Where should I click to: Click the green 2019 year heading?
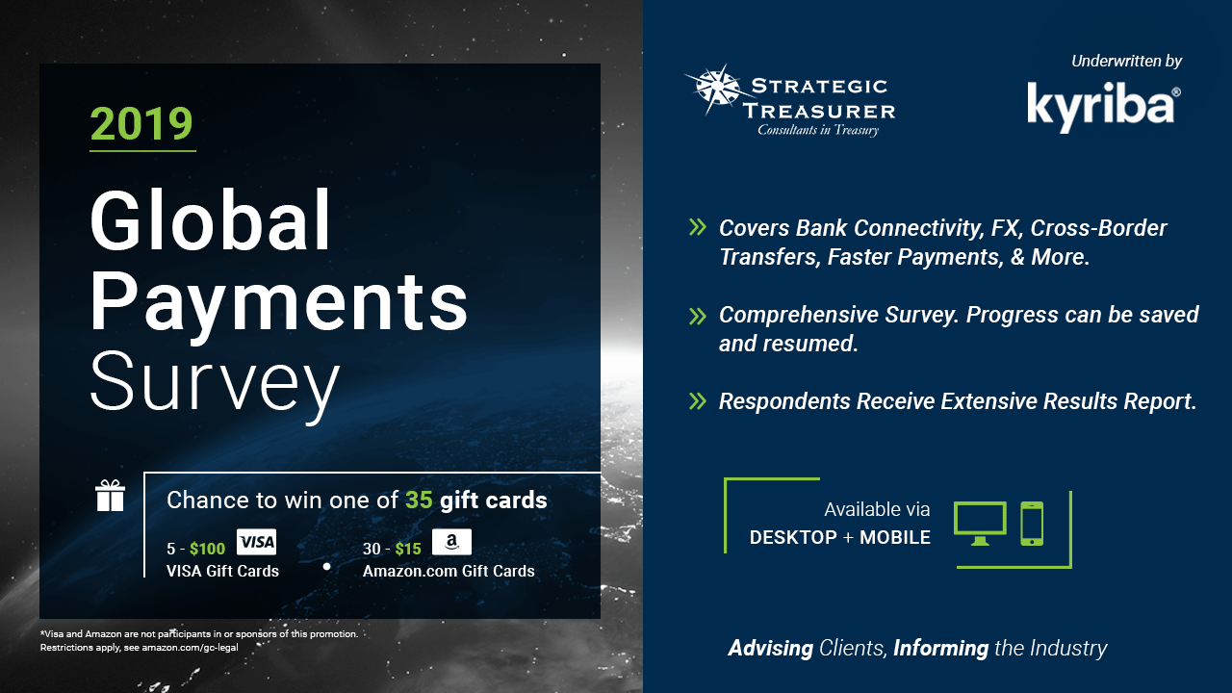tap(141, 123)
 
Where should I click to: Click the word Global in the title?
tap(210, 220)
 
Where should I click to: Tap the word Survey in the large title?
tap(215, 386)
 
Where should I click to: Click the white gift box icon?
tap(110, 496)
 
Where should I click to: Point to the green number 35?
tap(419, 500)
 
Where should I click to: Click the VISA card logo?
tap(256, 542)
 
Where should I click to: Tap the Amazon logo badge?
tap(451, 542)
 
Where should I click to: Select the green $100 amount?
tap(207, 549)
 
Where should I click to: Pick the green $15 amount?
tap(408, 549)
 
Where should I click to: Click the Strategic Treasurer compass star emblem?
tap(716, 90)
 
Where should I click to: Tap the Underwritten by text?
tap(1126, 61)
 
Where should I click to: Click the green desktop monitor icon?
tap(980, 523)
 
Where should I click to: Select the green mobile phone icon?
tap(1032, 523)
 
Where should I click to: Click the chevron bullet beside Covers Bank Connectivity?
tap(698, 227)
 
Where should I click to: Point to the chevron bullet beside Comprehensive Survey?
tap(698, 317)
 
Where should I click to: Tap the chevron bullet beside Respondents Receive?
tap(698, 401)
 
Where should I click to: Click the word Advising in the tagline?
tap(771, 649)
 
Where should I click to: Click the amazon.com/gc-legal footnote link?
tap(190, 648)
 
